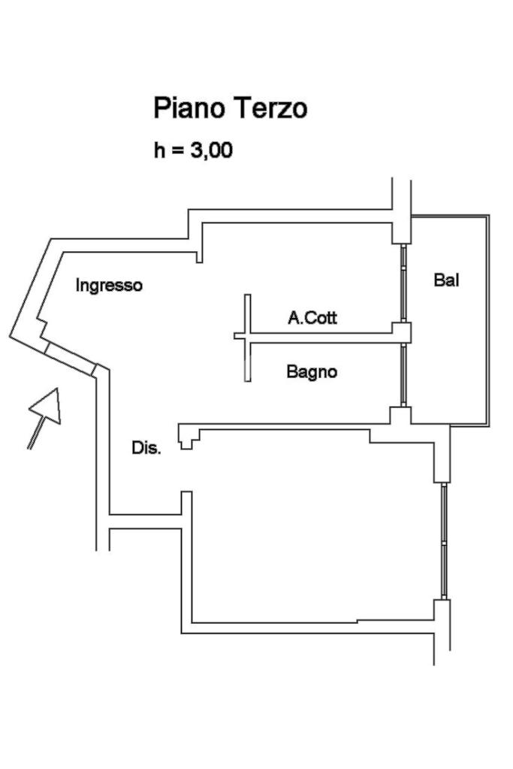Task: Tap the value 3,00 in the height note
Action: pyautogui.click(x=211, y=150)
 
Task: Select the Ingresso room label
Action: pyautogui.click(x=109, y=286)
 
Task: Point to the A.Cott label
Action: pyautogui.click(x=312, y=318)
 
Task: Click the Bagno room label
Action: pyautogui.click(x=312, y=371)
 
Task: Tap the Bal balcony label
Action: pyautogui.click(x=446, y=280)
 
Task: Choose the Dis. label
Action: pyautogui.click(x=146, y=448)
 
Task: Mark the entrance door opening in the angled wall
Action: pyautogui.click(x=71, y=358)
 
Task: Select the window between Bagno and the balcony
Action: pyautogui.click(x=403, y=374)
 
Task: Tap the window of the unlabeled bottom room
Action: pyautogui.click(x=444, y=541)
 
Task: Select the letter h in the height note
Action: pyautogui.click(x=159, y=150)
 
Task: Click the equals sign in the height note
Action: pyautogui.click(x=177, y=151)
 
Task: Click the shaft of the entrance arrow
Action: pyautogui.click(x=35, y=436)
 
